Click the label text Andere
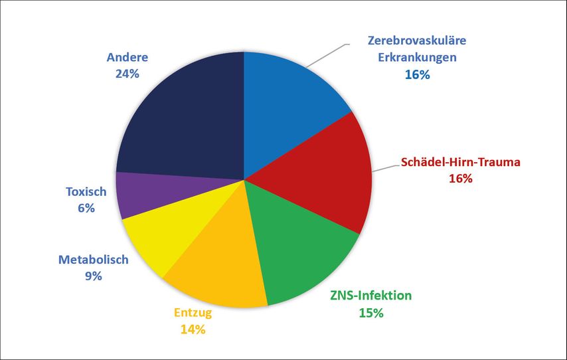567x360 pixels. [127, 58]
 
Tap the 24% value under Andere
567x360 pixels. [127, 74]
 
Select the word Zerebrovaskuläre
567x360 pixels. [417, 41]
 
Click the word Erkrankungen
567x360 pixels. [417, 57]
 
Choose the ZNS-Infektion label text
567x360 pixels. [371, 296]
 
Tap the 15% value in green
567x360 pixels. [371, 312]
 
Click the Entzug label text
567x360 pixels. [193, 312]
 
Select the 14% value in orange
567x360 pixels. [193, 328]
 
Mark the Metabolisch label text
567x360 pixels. [93, 260]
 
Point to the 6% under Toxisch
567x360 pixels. [86, 208]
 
